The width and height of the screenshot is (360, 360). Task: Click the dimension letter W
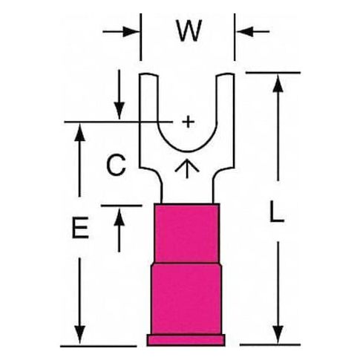point(189,30)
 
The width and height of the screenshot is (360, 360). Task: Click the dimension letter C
point(116,165)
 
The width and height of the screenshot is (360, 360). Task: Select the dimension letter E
point(80,227)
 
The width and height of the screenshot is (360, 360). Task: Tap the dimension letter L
point(277,211)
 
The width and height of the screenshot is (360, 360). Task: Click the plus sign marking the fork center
point(189,122)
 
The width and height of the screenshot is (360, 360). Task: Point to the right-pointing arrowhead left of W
point(131,32)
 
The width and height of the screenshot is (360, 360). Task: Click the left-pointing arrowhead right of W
point(245,32)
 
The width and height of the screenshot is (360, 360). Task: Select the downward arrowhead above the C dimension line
point(120,111)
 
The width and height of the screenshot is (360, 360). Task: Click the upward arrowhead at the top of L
point(278,83)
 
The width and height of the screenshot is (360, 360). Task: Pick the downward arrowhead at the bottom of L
point(278,335)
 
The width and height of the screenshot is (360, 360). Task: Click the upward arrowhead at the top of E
point(79,132)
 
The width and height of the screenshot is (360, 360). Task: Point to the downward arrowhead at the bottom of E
point(79,335)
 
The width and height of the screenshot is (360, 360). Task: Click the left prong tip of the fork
point(148,74)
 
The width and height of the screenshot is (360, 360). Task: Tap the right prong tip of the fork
point(225,74)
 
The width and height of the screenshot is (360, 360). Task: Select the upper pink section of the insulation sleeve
point(187,233)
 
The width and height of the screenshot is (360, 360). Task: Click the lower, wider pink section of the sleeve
point(186,299)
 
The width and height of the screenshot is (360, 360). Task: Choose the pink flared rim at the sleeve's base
point(186,340)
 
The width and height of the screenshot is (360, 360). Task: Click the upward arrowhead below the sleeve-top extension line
point(120,216)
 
